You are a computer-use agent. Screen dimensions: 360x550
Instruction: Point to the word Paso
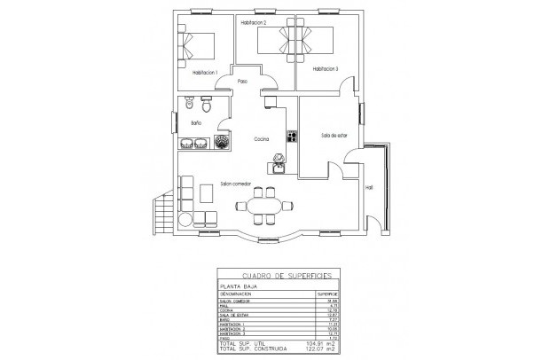click(241, 82)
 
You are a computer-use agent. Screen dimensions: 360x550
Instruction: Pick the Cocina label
click(261, 139)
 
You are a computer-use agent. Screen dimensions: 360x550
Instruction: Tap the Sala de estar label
click(334, 135)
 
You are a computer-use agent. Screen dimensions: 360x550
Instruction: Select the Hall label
click(369, 187)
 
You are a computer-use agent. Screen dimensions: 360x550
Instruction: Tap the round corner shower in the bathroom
click(220, 142)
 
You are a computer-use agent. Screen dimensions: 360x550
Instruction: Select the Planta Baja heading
click(235, 286)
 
